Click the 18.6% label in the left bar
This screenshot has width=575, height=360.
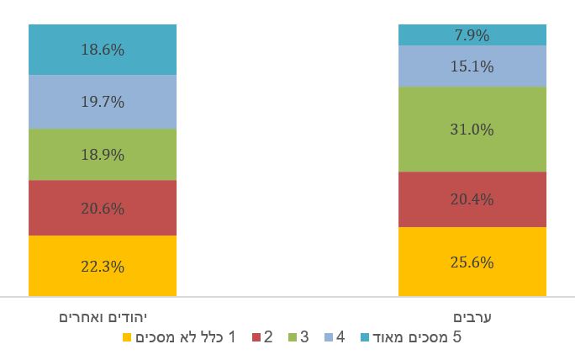103,50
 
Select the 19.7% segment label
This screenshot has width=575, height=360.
103,102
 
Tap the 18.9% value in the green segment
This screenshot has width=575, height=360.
103,155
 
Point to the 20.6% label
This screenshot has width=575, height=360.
103,208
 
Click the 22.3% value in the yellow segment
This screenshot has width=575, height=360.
103,267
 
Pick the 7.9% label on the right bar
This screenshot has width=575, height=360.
472,35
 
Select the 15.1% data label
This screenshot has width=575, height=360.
472,66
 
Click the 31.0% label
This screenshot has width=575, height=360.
472,130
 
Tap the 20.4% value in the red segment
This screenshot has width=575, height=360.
472,199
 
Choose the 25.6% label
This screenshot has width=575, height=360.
472,262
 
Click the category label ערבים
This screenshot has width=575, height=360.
472,317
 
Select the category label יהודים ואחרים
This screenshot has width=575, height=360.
103,317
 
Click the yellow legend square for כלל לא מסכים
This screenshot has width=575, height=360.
128,338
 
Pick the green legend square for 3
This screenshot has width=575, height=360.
292,338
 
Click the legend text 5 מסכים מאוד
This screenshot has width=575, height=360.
416,338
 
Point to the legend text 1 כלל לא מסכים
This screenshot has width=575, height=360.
187,338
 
